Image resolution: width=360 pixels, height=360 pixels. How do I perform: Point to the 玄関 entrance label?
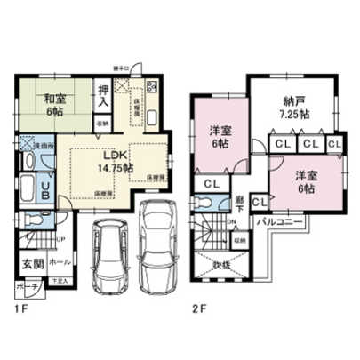coord(30,264)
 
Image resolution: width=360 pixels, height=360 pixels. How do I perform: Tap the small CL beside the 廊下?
coord(260,202)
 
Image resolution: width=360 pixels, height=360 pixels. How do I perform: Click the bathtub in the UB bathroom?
coord(24,189)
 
